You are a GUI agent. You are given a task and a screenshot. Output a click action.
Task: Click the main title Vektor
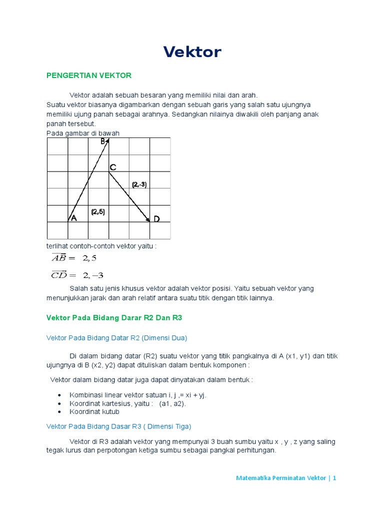pyautogui.click(x=192, y=52)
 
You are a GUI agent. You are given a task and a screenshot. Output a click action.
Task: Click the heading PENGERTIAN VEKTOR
pyautogui.click(x=88, y=75)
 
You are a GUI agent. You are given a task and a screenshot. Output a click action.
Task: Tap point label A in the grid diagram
pyautogui.click(x=73, y=218)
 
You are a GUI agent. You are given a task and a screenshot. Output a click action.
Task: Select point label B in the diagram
pyautogui.click(x=102, y=141)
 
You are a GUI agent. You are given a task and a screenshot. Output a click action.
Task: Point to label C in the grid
pyautogui.click(x=113, y=167)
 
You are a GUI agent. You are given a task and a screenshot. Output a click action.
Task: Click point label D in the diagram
pyautogui.click(x=156, y=219)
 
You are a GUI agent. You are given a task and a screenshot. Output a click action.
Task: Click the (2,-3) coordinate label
pyautogui.click(x=139, y=184)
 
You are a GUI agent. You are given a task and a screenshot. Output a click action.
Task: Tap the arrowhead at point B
pyautogui.click(x=107, y=141)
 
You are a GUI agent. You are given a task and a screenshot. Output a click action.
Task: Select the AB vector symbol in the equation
pyautogui.click(x=59, y=257)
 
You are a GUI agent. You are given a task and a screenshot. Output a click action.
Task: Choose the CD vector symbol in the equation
pyautogui.click(x=59, y=274)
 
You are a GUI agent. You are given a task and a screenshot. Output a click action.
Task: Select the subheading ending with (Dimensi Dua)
pyautogui.click(x=116, y=338)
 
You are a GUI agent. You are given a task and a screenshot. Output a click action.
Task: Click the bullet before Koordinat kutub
pyautogui.click(x=60, y=412)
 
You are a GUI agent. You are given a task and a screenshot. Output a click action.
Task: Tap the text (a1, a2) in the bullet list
pyautogui.click(x=172, y=403)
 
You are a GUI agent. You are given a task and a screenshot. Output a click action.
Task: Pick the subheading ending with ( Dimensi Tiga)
pyautogui.click(x=118, y=426)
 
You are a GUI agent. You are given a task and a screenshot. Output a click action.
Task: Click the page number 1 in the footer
pyautogui.click(x=334, y=478)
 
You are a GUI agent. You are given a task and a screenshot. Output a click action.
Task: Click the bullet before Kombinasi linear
pyautogui.click(x=60, y=395)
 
